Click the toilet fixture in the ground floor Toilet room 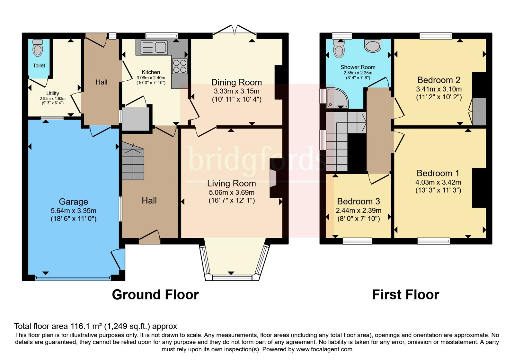38,48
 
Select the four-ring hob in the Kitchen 180,66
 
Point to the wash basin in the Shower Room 373,45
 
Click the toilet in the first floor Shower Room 339,48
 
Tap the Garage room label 74,202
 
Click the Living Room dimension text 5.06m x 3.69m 232,193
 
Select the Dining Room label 236,82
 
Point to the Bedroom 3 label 359,201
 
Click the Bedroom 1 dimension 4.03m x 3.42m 438,182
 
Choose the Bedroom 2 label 439,80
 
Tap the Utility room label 53,94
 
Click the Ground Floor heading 155,294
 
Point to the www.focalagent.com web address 324,349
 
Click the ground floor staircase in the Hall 133,161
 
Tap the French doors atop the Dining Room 235,30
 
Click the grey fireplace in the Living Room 273,178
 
